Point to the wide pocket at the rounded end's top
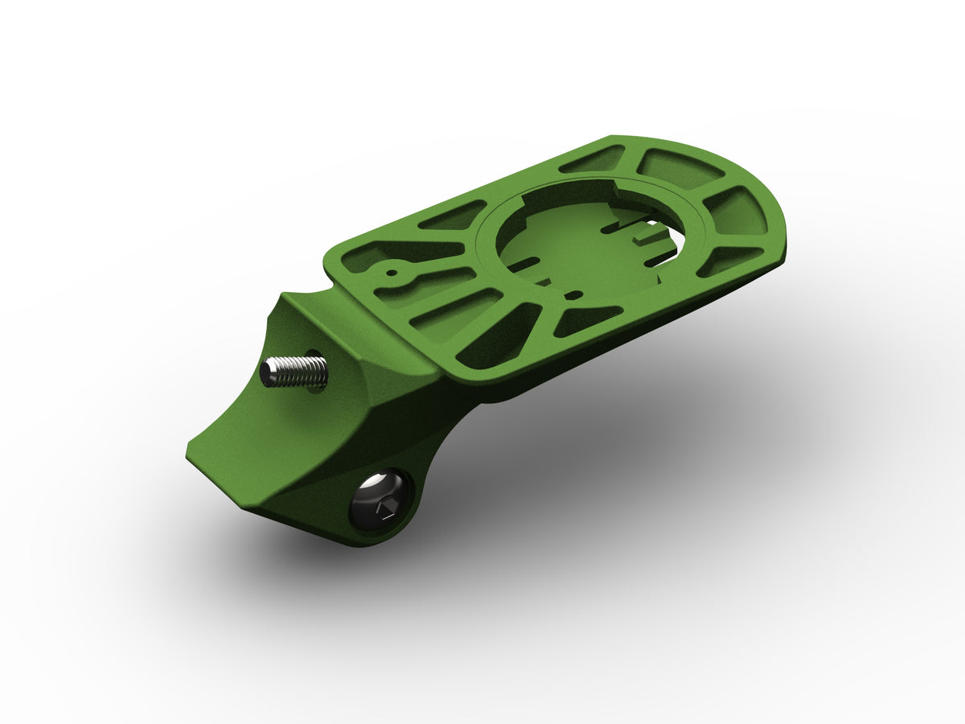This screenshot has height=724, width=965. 680,168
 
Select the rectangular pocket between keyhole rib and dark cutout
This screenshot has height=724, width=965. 450,310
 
